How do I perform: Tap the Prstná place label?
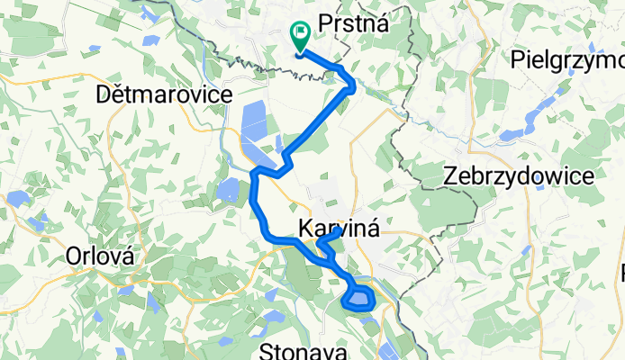354,24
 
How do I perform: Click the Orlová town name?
101,256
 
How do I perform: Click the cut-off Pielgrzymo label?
566,60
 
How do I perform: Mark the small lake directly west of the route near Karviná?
227,190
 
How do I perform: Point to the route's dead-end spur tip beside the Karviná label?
339,230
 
